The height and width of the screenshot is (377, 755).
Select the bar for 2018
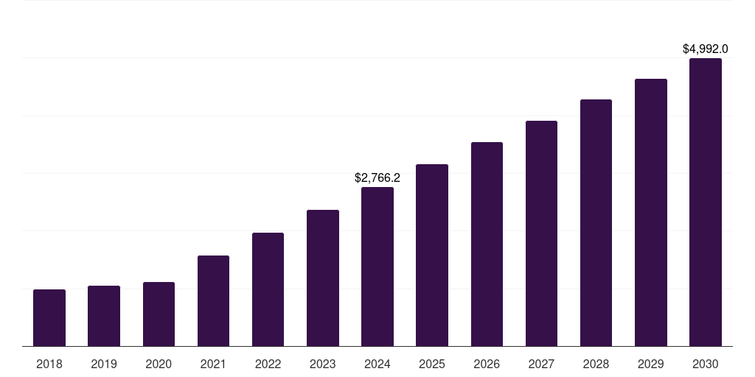coord(49,317)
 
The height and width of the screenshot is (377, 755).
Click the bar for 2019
coord(104,316)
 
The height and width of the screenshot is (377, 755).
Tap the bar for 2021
coord(213,300)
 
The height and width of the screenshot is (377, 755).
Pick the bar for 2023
coord(323,278)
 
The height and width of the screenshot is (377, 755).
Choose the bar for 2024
coord(377,267)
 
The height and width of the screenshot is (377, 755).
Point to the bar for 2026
coord(487,244)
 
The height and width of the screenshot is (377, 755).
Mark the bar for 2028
coord(596,222)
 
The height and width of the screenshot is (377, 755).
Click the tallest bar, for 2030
coord(705,202)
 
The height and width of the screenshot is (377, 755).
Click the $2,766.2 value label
coord(377,177)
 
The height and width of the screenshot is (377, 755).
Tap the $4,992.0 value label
coord(705,49)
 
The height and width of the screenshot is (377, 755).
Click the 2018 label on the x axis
coord(49,364)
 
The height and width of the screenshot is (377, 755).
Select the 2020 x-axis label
coord(159,364)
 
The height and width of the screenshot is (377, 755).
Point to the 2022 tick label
coord(268,364)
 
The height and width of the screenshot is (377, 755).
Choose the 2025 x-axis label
coord(432,364)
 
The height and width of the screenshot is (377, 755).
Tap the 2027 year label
coord(541,364)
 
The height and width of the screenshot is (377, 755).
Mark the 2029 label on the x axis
coord(650,364)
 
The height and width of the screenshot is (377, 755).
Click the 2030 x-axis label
coord(705,364)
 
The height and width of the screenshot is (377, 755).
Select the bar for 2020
coord(159,314)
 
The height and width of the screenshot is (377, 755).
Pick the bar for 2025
coord(432,255)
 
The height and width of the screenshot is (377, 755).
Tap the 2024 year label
coord(377,364)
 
